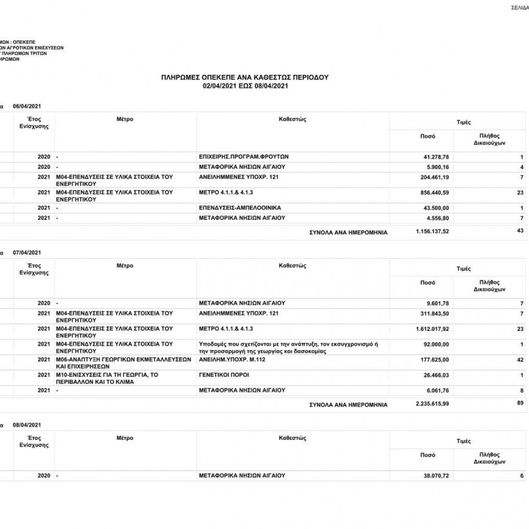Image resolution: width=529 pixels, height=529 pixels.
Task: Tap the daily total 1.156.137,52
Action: (x=432, y=231)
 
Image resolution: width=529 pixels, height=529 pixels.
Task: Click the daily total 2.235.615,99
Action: (x=432, y=404)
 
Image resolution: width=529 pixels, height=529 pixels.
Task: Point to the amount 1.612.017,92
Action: (x=432, y=328)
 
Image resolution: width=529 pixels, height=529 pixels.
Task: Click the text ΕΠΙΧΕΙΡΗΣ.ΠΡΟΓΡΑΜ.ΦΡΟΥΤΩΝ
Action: (x=245, y=157)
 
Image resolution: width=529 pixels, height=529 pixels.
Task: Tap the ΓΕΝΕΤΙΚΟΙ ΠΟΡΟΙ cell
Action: (x=224, y=374)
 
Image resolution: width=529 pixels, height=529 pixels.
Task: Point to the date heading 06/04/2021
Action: (x=27, y=106)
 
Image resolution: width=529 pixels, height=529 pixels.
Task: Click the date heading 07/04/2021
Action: (x=27, y=252)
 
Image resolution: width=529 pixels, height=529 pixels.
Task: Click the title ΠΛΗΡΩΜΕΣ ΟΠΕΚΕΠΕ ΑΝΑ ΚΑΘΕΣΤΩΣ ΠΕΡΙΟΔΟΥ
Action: (x=245, y=77)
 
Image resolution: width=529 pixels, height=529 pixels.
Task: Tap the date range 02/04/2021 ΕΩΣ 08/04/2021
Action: (x=245, y=85)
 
